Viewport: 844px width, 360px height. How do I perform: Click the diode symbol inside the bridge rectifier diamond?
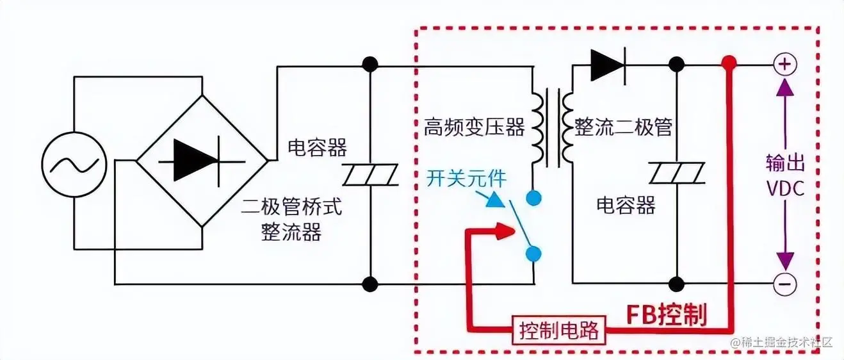point(195,158)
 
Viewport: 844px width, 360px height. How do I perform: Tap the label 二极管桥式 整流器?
point(292,218)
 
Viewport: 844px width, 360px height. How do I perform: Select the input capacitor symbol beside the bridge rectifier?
point(370,174)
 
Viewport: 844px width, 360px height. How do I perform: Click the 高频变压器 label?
point(474,127)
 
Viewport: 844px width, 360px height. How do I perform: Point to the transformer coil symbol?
point(550,127)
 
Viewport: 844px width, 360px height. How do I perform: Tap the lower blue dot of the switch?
point(532,254)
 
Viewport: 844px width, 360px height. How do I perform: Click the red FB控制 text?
point(665,315)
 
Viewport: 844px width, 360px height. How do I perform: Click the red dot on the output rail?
point(728,63)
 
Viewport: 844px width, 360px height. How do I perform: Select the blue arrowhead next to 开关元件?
point(494,200)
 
